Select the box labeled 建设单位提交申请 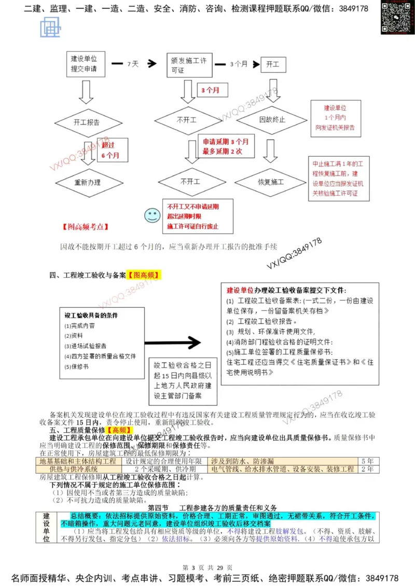(x=85, y=64)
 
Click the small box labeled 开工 (x=272, y=64)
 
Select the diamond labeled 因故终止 (x=272, y=120)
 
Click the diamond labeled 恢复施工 (x=270, y=183)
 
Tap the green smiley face (x=151, y=215)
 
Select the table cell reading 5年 (x=367, y=461)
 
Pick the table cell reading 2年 (x=367, y=469)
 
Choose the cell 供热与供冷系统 (x=77, y=469)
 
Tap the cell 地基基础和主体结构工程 (x=78, y=461)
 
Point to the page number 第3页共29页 (x=208, y=566)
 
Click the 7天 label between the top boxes (x=133, y=64)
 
